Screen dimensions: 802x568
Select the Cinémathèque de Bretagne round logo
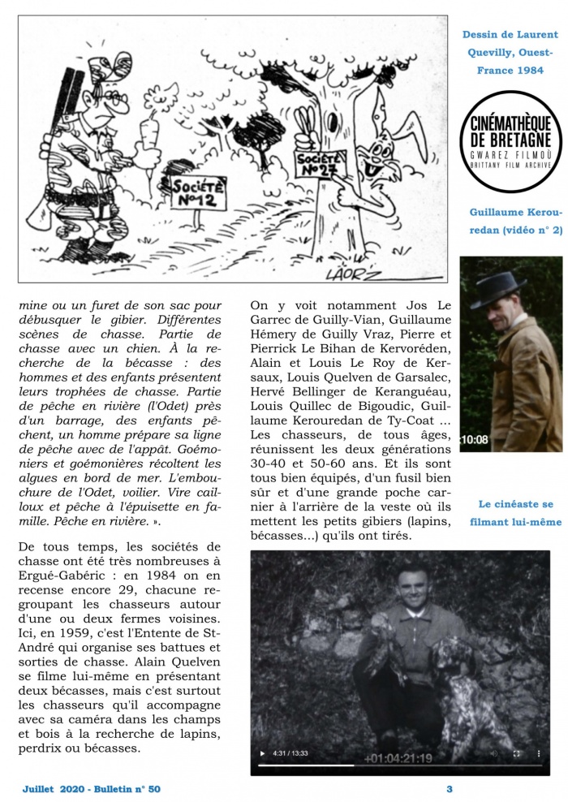point(511,141)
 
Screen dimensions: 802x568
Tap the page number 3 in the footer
point(449,788)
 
